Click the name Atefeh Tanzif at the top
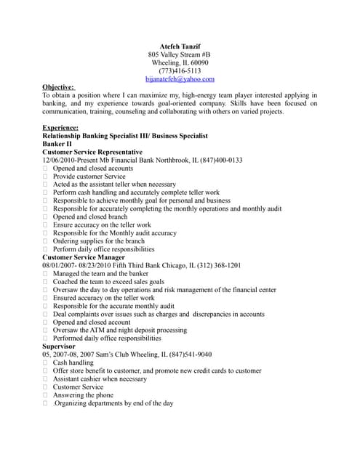pos(180,46)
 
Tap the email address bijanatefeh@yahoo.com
pos(180,79)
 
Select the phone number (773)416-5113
pos(180,71)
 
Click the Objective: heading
pos(58,87)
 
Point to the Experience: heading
pos(60,128)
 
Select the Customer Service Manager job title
pos(84,257)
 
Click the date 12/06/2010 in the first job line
pos(60,160)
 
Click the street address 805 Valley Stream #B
pos(180,54)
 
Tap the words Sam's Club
pos(105,354)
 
